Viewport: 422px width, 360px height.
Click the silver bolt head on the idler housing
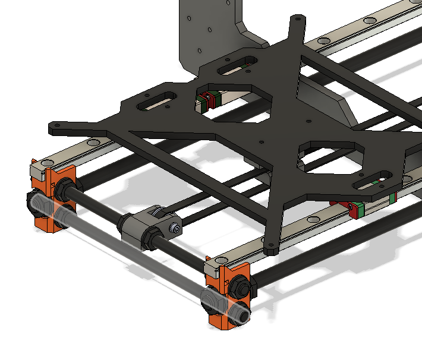tap(174, 228)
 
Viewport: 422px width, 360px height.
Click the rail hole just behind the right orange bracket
tap(221, 260)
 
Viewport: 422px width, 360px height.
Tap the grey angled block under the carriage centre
tap(324, 101)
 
